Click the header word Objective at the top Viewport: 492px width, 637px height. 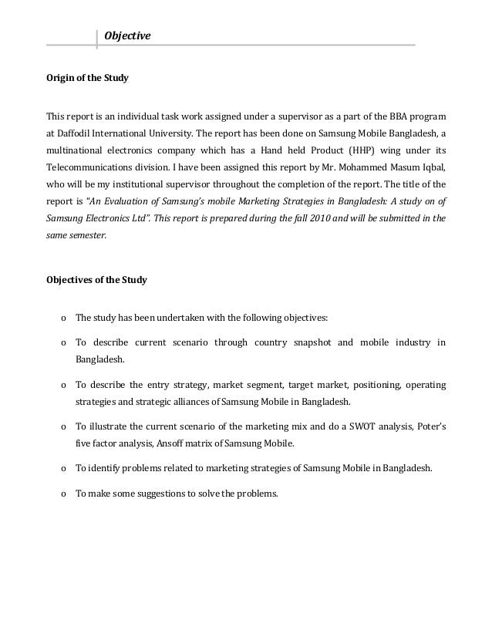[128, 36]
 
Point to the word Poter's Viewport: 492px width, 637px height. [429, 425]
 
